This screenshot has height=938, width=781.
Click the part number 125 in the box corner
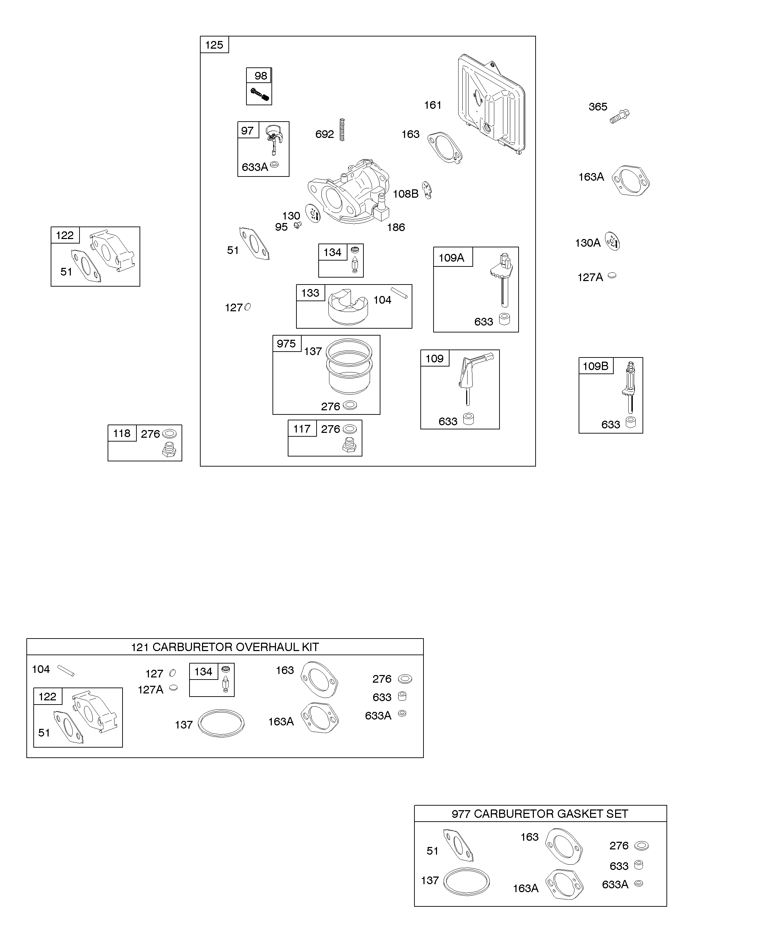(x=214, y=45)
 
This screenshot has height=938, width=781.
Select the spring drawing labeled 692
(x=342, y=130)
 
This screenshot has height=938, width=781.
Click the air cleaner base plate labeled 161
(x=491, y=103)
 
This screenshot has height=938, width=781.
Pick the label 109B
(x=595, y=366)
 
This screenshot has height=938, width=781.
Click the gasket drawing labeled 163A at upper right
(x=631, y=181)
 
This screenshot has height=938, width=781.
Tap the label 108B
(x=405, y=194)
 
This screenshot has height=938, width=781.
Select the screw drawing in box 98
(x=260, y=94)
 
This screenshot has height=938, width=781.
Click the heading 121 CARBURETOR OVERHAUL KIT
(x=225, y=647)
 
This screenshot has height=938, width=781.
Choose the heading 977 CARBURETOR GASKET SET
(x=540, y=814)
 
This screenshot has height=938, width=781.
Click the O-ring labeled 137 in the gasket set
(x=467, y=882)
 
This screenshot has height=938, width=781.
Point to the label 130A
(x=587, y=243)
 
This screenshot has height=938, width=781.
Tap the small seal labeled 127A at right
(x=612, y=275)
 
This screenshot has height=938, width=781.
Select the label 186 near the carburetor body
(x=396, y=227)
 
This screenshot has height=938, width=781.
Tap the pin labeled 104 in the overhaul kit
(x=66, y=671)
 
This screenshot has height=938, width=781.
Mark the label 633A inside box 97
(x=255, y=167)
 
